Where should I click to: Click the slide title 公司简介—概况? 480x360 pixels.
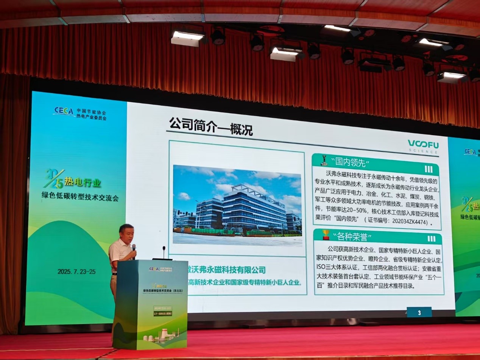point(210,126)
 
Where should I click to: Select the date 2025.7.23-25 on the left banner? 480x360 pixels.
point(76,271)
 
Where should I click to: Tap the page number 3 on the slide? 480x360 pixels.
point(419,313)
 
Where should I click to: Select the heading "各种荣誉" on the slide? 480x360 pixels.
point(352,237)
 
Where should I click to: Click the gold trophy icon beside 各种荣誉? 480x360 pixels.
point(326,235)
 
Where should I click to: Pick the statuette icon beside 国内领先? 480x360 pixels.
point(324,160)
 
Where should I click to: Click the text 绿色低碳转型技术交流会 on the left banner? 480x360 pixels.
point(80,197)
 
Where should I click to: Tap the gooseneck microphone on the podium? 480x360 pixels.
point(164,252)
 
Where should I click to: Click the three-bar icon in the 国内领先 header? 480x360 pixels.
point(428,169)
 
